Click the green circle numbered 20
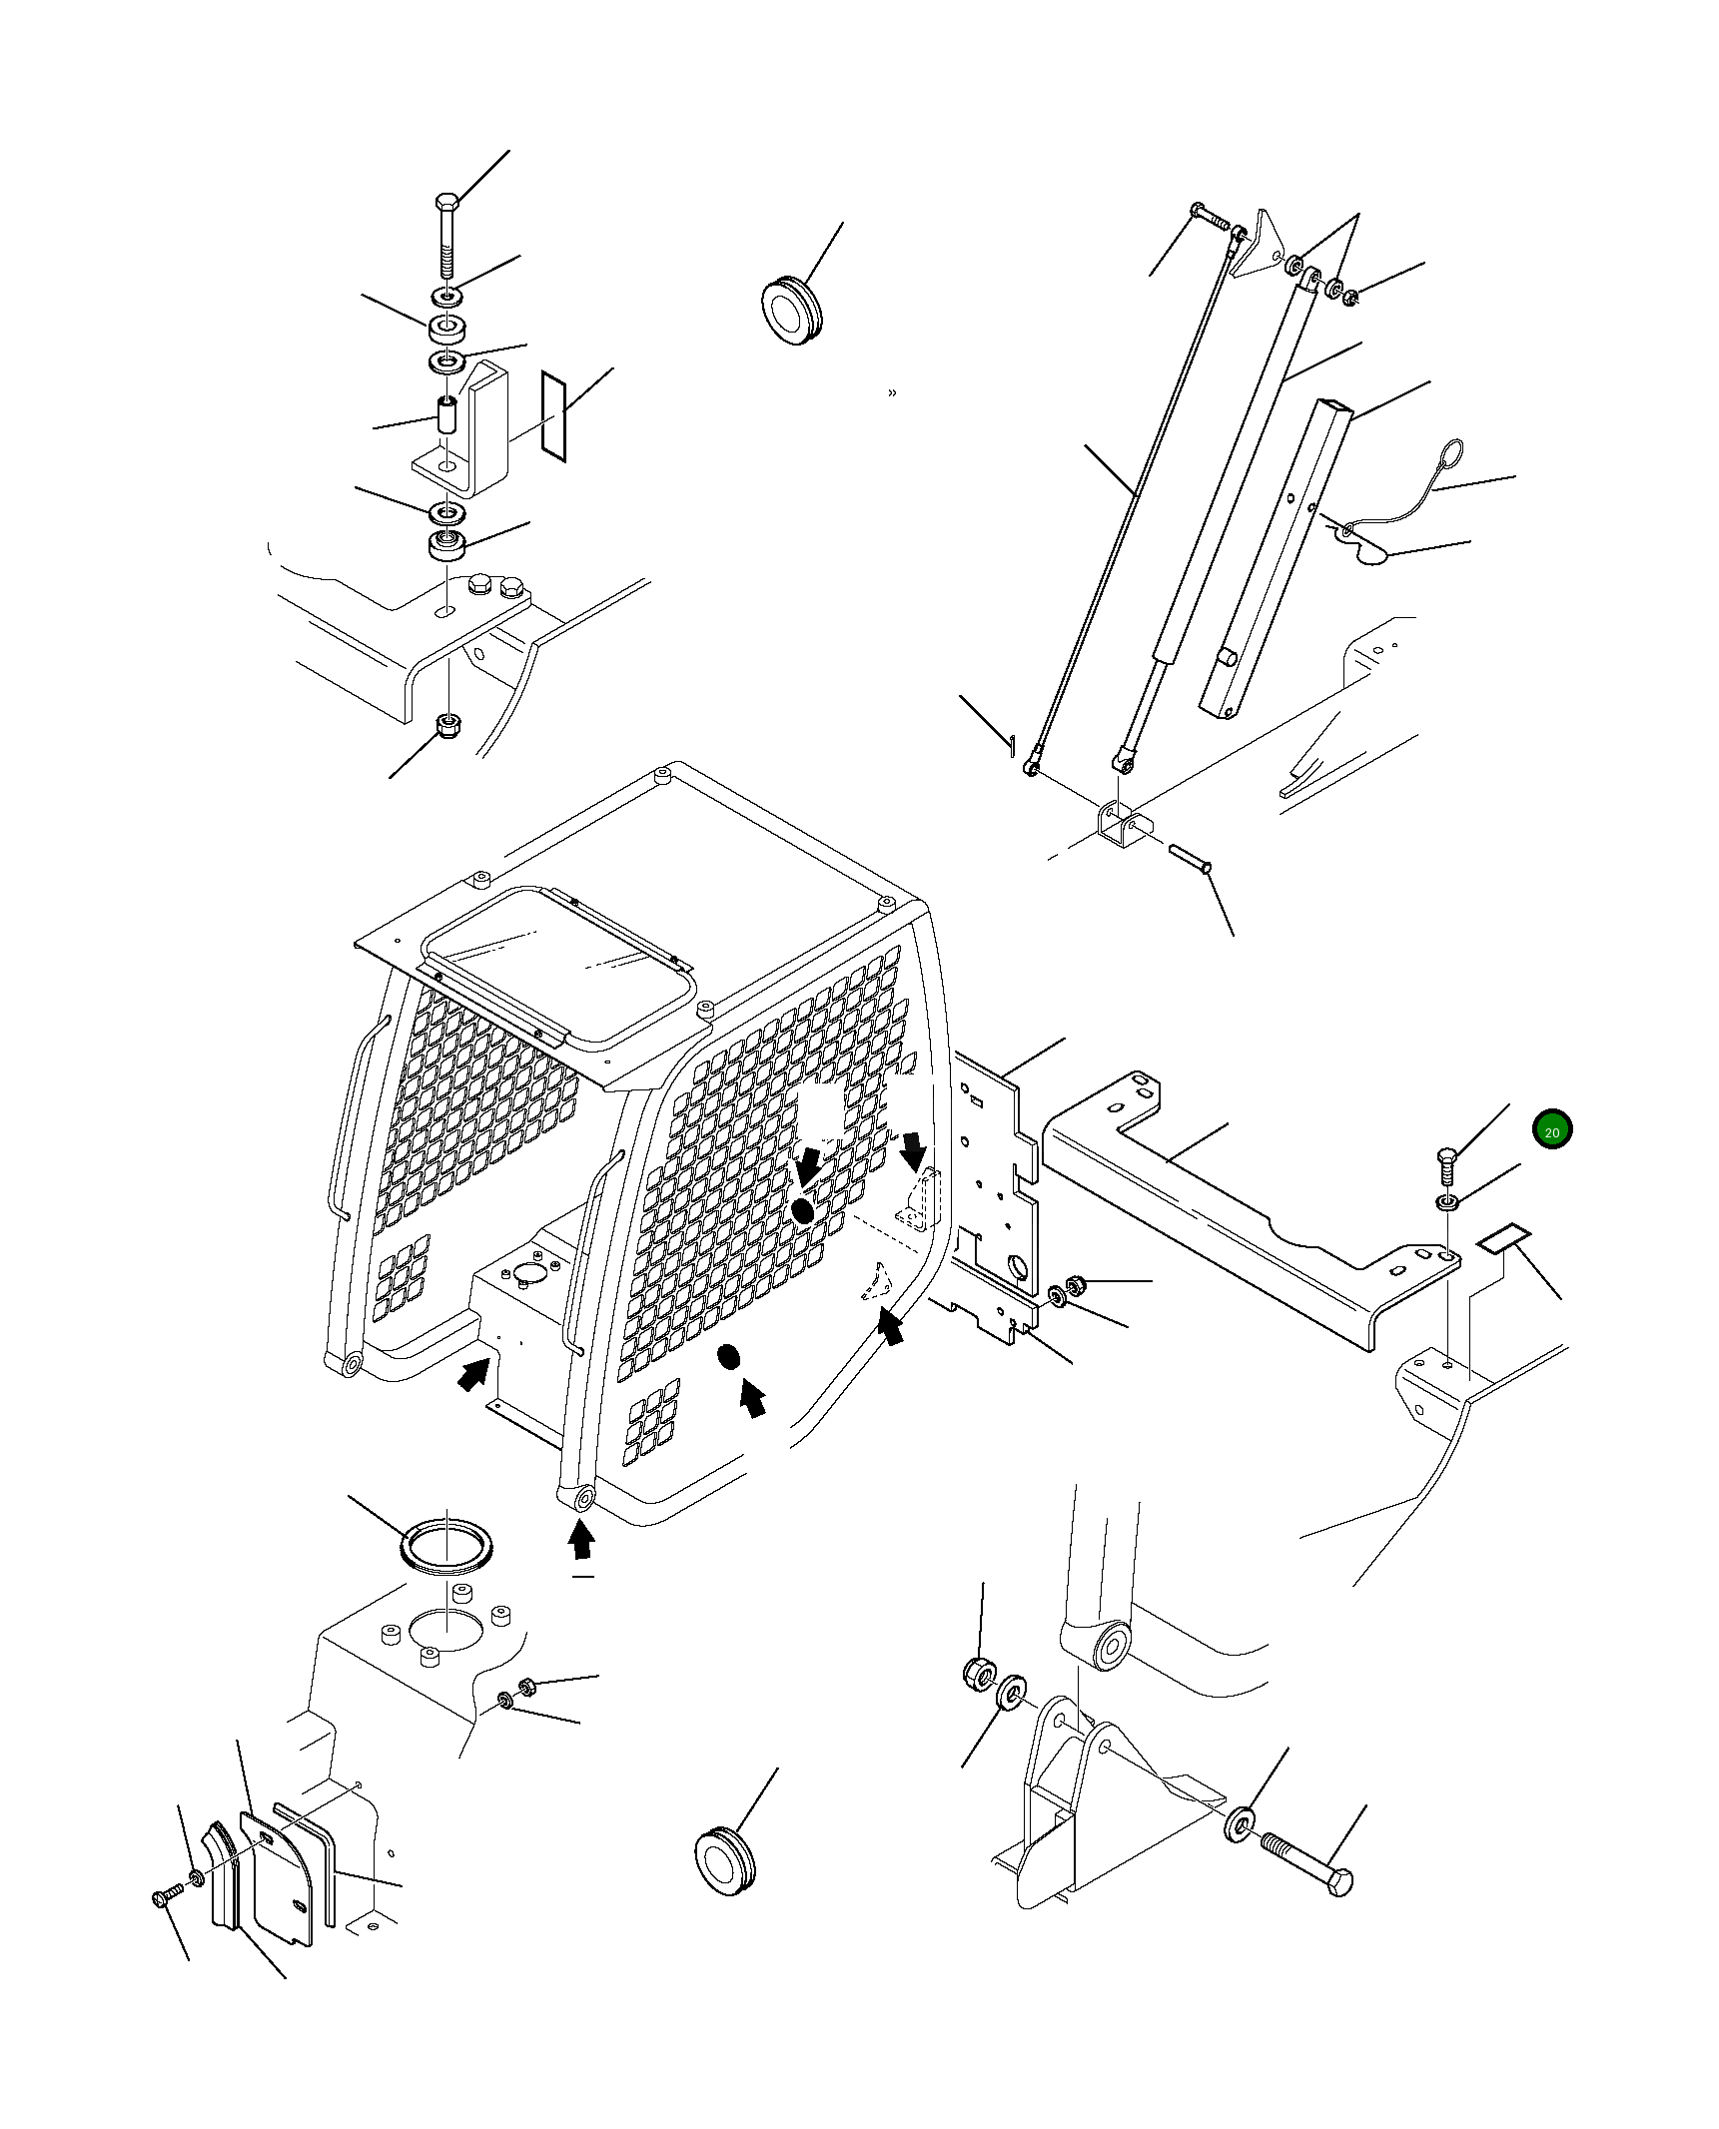tap(1551, 1131)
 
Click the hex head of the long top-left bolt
tap(446, 203)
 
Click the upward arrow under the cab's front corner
tap(581, 1570)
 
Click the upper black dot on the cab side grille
tap(801, 1211)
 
